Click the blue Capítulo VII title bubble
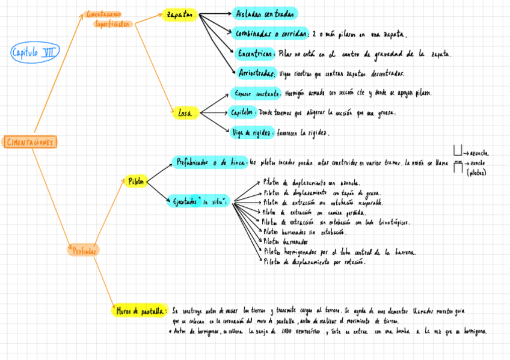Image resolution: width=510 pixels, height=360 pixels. (x=35, y=53)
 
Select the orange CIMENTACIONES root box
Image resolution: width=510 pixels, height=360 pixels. (x=30, y=142)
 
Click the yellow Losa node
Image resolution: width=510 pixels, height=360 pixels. (x=185, y=112)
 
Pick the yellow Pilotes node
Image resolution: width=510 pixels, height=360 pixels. (x=137, y=181)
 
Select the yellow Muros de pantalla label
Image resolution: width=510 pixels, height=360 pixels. (x=140, y=311)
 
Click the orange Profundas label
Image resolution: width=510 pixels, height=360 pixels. (x=84, y=251)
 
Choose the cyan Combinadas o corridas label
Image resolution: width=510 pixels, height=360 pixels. (x=271, y=33)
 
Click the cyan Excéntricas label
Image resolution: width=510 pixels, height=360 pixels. (x=256, y=53)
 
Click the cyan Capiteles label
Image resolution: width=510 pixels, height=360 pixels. (x=243, y=112)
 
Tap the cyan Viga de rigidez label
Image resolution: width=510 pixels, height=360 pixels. (x=252, y=132)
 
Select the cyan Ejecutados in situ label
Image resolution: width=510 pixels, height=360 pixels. (x=198, y=202)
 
